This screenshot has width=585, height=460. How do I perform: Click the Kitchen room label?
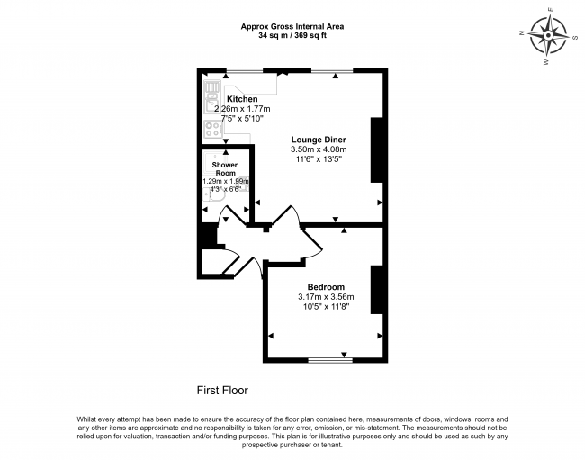coord(242,99)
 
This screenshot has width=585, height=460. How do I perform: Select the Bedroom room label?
coord(326,287)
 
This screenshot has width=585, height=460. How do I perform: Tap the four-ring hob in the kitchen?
coord(213,128)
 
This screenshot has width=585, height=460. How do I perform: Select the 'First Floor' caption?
coord(222,391)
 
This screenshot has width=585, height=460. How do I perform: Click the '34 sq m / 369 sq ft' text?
coord(292,37)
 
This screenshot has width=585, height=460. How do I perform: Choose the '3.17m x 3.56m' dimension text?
coord(326,297)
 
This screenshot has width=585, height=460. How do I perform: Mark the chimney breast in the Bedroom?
coord(378,291)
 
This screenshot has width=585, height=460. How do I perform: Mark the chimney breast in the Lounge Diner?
coord(378,149)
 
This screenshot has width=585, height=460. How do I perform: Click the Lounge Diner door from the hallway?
coord(286,219)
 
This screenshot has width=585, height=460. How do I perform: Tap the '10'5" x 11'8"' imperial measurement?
coord(326,307)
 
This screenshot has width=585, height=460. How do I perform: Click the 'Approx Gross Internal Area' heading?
coord(292,27)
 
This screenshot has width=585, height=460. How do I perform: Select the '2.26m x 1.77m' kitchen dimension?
coord(242,109)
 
